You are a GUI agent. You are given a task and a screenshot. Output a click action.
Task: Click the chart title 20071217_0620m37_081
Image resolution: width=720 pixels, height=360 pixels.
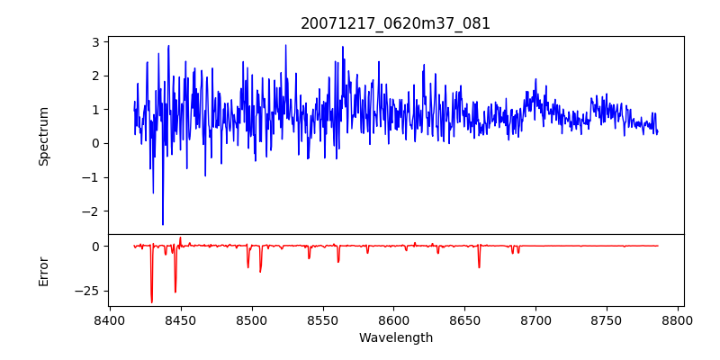(395, 23)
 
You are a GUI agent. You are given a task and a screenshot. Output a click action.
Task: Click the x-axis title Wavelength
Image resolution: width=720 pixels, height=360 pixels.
(396, 338)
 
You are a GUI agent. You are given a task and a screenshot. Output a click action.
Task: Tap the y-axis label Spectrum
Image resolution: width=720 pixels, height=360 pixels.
(43, 137)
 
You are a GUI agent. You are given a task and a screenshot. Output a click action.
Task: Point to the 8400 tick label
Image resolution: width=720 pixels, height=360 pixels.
(109, 319)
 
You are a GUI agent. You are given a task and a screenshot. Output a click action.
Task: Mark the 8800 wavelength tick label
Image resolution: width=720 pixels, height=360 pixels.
(678, 319)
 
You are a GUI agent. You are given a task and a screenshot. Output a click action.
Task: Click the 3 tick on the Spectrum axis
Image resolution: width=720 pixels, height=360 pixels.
(99, 41)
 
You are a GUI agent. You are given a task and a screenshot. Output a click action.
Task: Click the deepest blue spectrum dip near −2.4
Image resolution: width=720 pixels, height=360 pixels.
(163, 223)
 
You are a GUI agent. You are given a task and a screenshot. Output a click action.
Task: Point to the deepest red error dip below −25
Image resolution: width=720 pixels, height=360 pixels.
(151, 301)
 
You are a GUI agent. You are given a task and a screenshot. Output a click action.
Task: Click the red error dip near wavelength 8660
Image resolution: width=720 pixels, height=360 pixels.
(479, 266)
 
